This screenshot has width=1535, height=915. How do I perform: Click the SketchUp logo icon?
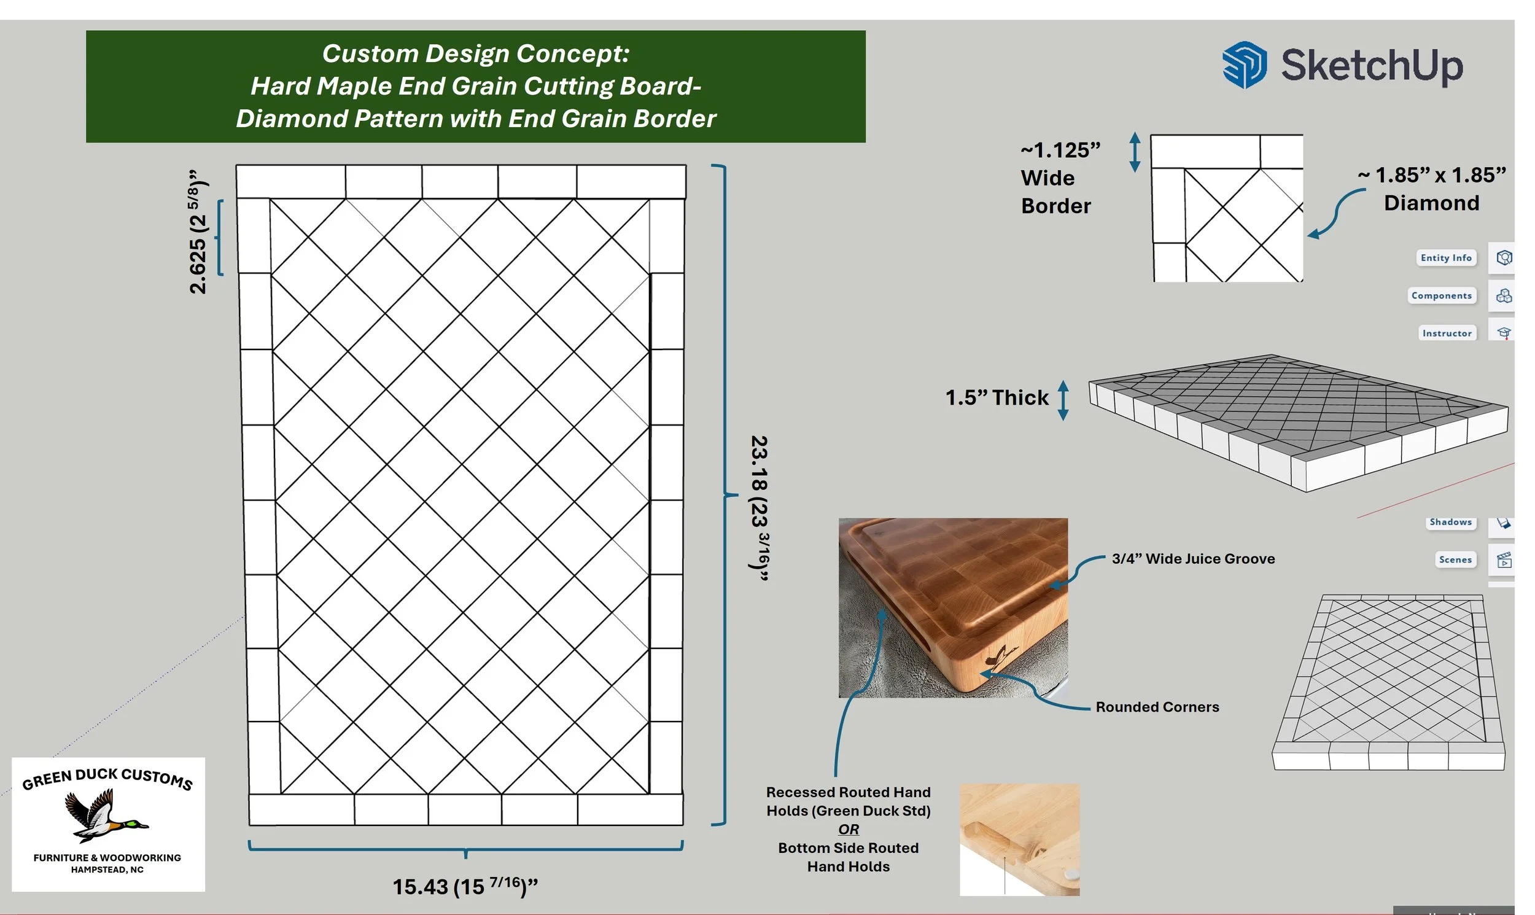tap(1244, 64)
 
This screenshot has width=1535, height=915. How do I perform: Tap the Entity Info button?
tap(1445, 258)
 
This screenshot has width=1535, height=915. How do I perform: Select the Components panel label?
tap(1441, 296)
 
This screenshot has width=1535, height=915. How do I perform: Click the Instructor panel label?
tap(1446, 333)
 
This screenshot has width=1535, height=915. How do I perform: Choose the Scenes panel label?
tap(1455, 560)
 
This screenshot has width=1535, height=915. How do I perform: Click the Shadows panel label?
tap(1450, 522)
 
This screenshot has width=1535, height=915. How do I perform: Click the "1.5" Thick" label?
tap(996, 398)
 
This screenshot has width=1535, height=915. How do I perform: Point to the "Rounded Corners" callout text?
tap(1157, 707)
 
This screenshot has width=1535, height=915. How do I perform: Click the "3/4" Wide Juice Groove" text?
tap(1193, 559)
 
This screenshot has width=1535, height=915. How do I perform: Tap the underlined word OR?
tap(849, 829)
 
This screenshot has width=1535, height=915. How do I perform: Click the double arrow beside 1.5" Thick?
tap(1063, 400)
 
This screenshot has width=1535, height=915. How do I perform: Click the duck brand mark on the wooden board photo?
tap(1002, 656)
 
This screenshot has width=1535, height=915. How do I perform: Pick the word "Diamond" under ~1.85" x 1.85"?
tap(1431, 203)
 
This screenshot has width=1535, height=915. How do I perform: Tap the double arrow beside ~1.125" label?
tap(1135, 152)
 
